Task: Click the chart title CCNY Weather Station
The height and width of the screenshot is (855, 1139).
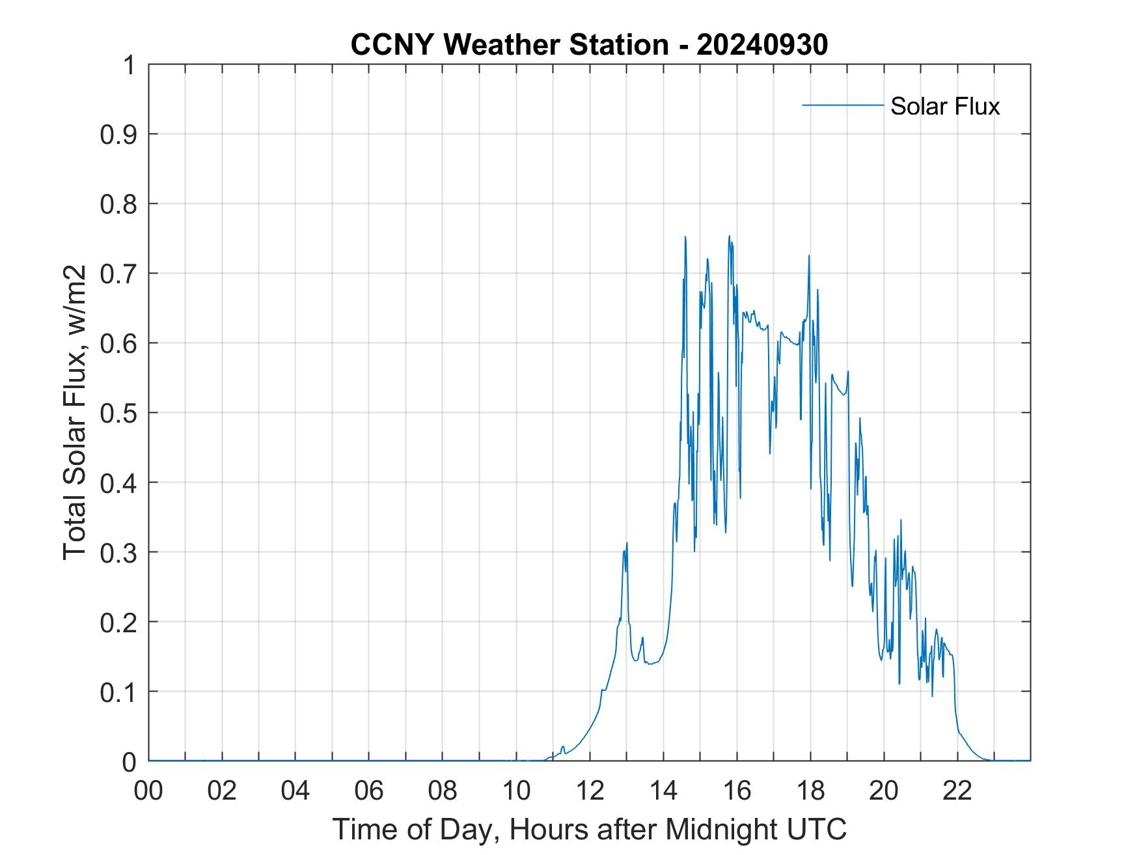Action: pos(509,45)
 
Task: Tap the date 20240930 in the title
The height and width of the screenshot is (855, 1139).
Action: pos(762,45)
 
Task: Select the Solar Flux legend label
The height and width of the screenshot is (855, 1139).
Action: pos(944,105)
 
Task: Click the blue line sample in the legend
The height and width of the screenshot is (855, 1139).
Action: pos(842,105)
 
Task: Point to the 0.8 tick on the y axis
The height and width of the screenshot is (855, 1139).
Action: pos(120,204)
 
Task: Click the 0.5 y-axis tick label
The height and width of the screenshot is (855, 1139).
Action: pos(120,413)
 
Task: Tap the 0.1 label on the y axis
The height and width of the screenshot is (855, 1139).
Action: pos(120,692)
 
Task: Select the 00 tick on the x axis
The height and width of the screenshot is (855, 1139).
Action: pos(148,791)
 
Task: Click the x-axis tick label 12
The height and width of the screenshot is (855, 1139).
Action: pos(590,791)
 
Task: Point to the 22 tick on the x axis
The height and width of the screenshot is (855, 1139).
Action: pos(957,791)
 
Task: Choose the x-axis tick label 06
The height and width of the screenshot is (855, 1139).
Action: pos(369,791)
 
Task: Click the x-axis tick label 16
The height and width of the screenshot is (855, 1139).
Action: pos(737,791)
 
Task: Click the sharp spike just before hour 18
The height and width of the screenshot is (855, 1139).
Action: pos(809,256)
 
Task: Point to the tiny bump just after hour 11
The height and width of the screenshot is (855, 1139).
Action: pos(563,747)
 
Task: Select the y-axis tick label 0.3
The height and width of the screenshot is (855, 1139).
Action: pos(120,552)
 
